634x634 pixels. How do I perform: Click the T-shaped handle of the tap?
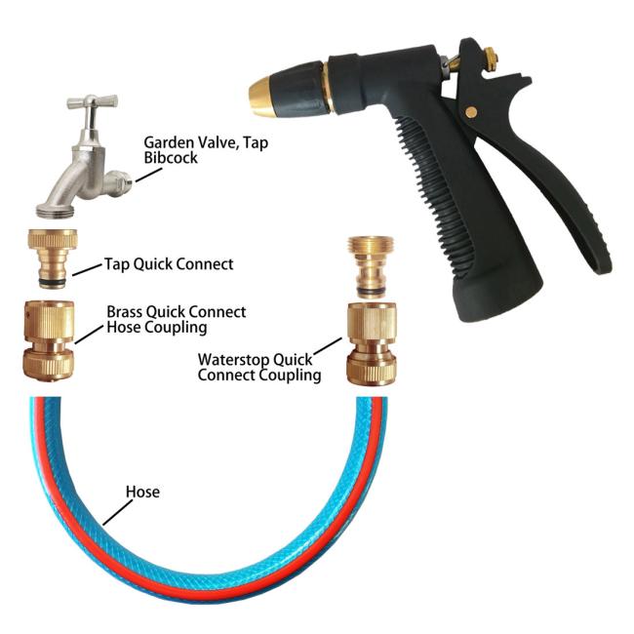click(93, 101)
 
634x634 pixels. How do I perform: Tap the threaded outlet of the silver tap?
click(56, 210)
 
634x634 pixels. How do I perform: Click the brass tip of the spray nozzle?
click(262, 96)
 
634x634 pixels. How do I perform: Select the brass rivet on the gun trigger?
click(470, 112)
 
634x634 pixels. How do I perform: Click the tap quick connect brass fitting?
click(53, 258)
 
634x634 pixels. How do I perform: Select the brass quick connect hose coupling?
click(49, 340)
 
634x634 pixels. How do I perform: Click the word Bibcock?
click(171, 158)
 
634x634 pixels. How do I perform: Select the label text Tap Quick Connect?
click(169, 264)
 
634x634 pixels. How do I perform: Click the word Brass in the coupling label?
click(125, 312)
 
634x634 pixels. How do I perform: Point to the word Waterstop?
click(234, 360)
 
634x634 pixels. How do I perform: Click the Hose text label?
click(142, 492)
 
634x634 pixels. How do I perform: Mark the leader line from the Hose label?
click(118, 513)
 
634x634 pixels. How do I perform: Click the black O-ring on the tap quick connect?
click(53, 282)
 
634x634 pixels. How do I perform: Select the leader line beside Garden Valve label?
click(149, 175)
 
